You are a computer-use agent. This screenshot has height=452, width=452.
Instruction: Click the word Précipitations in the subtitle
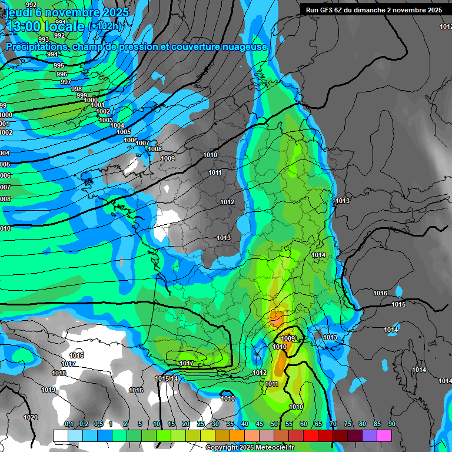tap(37, 46)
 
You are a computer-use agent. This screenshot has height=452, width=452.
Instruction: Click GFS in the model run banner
tap(330, 10)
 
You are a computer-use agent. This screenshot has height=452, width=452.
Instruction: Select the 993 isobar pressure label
tap(44, 39)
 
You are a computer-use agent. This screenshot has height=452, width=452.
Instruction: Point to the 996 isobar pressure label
tap(62, 74)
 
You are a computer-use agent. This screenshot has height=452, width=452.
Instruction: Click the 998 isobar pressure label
tap(77, 89)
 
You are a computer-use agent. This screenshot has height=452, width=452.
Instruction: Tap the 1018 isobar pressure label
tap(59, 373)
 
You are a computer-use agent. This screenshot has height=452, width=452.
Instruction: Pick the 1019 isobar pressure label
tap(48, 390)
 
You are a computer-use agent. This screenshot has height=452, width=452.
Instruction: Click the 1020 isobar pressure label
tap(31, 417)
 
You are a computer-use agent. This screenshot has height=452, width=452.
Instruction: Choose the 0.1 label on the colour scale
tap(69, 424)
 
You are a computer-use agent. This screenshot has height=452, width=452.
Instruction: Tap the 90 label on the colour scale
tap(391, 424)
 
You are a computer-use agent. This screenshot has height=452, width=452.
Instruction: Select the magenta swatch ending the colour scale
tap(384, 436)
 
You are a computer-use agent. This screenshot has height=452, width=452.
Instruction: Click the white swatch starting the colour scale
tap(61, 436)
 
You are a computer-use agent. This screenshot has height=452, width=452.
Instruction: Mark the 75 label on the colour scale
tap(347, 424)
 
